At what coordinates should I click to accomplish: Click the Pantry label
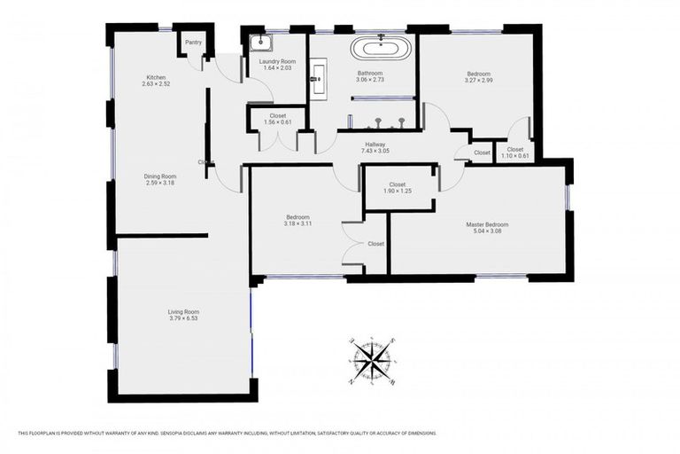(x=192, y=42)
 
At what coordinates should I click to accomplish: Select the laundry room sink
(x=261, y=43)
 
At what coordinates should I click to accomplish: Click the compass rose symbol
(x=371, y=361)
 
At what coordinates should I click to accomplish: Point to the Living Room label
(x=184, y=311)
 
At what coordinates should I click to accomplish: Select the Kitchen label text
(x=156, y=78)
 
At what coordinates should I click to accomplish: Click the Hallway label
(x=375, y=144)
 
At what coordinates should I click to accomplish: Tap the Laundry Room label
(x=275, y=60)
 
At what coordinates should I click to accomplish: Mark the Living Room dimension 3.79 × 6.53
(x=184, y=319)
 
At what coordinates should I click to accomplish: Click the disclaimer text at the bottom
(x=227, y=433)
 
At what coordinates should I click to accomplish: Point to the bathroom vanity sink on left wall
(x=317, y=78)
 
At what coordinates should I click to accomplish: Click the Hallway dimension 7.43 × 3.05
(x=375, y=152)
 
